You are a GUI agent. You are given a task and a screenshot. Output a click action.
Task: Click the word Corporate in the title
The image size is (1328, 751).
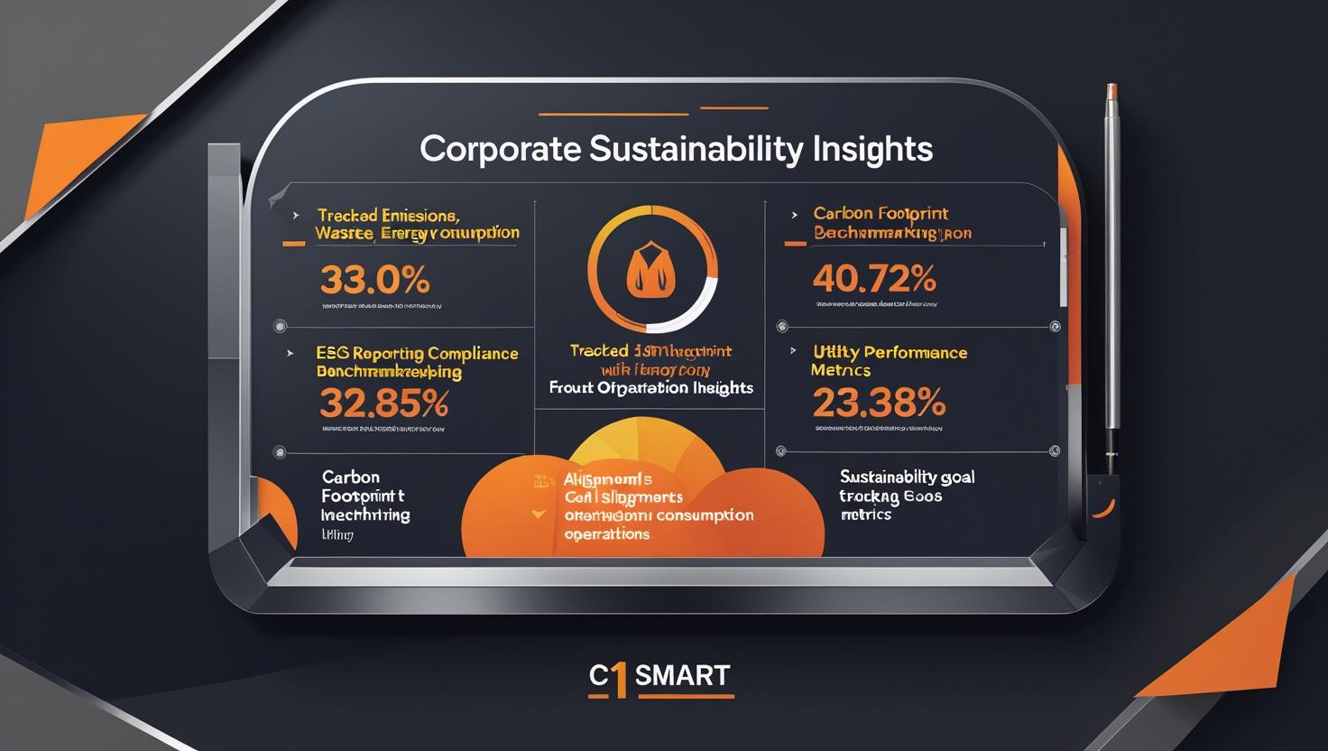(x=500, y=149)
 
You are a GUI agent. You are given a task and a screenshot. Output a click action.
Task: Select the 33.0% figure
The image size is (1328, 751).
(x=374, y=281)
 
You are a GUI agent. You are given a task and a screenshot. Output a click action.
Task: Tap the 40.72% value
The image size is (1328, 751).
(x=873, y=279)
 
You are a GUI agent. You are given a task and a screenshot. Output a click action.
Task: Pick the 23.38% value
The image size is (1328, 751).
(x=878, y=402)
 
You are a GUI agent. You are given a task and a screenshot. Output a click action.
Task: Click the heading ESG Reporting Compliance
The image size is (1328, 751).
(x=417, y=353)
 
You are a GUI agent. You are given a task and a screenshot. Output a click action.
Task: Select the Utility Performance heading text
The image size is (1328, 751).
(x=890, y=352)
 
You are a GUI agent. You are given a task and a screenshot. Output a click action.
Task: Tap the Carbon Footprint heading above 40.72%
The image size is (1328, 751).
(x=881, y=214)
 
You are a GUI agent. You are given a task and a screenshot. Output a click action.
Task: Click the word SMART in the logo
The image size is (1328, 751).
(x=682, y=675)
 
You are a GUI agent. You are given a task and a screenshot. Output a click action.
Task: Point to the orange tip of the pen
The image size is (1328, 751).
(x=1112, y=94)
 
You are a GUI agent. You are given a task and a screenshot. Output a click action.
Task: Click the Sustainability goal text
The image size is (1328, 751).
(x=907, y=477)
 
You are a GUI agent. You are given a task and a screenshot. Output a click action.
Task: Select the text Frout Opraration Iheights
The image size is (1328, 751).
(x=650, y=388)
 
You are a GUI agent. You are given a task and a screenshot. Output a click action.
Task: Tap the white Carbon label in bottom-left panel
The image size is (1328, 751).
(x=350, y=477)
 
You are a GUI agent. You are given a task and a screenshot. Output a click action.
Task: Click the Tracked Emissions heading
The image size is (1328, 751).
(x=388, y=216)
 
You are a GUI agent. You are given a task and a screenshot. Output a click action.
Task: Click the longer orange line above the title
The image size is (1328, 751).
(x=613, y=114)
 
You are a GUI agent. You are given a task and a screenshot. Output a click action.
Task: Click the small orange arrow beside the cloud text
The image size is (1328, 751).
(x=539, y=514)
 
